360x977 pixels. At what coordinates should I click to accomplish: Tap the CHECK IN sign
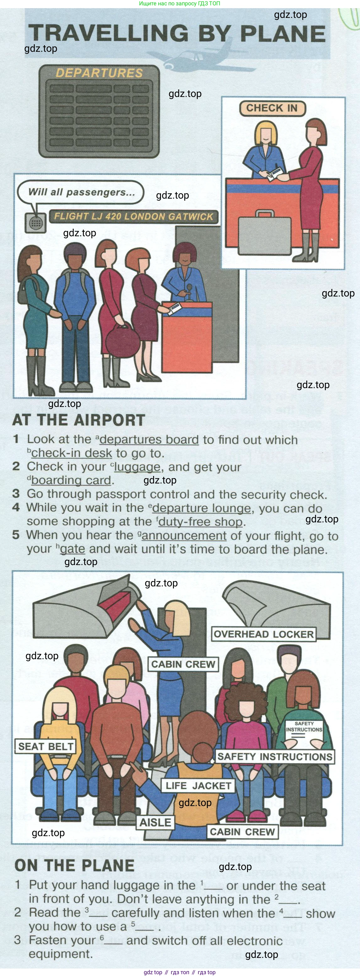click(272, 108)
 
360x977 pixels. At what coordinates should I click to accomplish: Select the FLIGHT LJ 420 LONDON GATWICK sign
click(134, 216)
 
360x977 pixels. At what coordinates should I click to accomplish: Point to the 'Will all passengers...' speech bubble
click(81, 192)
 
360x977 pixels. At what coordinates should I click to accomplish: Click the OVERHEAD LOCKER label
click(264, 634)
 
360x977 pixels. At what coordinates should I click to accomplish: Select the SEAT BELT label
click(46, 746)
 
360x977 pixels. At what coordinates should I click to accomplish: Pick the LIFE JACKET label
click(198, 786)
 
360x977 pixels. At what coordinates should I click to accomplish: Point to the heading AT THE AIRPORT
click(79, 420)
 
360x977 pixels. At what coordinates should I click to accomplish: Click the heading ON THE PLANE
click(74, 866)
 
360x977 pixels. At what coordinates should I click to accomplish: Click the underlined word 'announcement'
click(184, 536)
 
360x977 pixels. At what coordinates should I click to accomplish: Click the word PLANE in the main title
click(283, 34)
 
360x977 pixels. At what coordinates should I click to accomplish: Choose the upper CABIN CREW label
click(183, 664)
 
